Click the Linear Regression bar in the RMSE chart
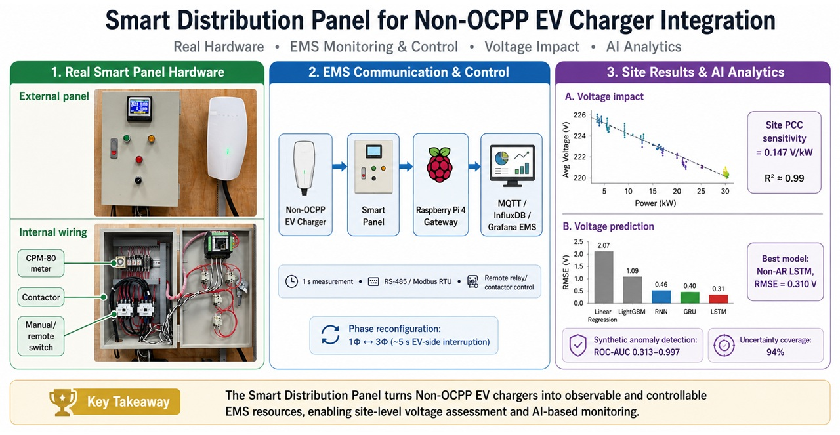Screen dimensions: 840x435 [x=604, y=277]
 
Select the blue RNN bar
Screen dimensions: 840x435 [x=661, y=297]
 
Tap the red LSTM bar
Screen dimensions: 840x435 [x=718, y=299]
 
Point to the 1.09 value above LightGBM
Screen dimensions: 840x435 [x=632, y=271]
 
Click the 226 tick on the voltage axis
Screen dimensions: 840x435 [x=579, y=115]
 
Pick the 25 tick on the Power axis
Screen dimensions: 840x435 [x=701, y=191]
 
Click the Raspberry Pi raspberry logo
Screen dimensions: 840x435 [x=440, y=165]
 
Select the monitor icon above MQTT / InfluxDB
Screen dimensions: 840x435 [x=512, y=165]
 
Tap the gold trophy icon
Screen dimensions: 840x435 [x=62, y=402]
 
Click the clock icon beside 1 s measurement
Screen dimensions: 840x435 [x=291, y=281]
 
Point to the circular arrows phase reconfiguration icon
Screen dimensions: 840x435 [x=330, y=335]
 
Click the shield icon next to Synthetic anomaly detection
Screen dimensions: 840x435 [x=577, y=345]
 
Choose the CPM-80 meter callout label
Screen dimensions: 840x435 [x=41, y=263]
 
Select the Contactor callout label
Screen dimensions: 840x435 [x=41, y=297]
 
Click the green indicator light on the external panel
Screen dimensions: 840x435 [x=127, y=138]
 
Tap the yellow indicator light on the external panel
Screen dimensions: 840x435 [x=151, y=138]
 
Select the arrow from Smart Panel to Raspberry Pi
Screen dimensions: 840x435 [x=406, y=166]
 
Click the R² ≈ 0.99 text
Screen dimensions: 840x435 [x=784, y=178]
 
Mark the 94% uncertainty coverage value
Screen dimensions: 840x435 [x=775, y=352]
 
